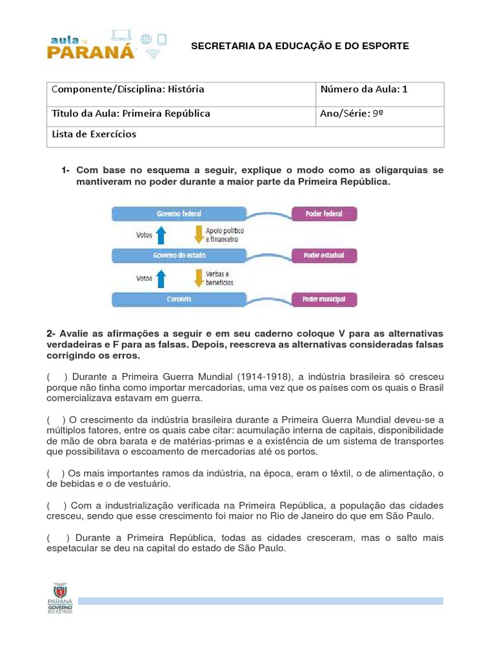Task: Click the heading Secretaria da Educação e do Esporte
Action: (x=300, y=46)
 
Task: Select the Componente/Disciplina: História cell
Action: (x=182, y=89)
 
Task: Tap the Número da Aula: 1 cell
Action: (x=380, y=89)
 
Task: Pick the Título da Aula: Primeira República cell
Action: (x=182, y=114)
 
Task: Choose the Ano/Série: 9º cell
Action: (x=380, y=114)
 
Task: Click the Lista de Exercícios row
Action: (x=245, y=135)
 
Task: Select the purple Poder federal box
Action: (x=323, y=214)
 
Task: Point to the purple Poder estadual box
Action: (x=323, y=255)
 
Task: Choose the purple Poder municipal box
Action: (x=323, y=298)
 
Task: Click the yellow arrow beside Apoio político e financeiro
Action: (x=197, y=234)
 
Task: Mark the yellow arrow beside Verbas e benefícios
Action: (x=197, y=277)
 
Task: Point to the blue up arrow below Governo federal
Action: (x=161, y=235)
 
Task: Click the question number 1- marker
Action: (x=66, y=171)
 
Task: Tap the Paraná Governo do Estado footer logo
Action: (x=60, y=598)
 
